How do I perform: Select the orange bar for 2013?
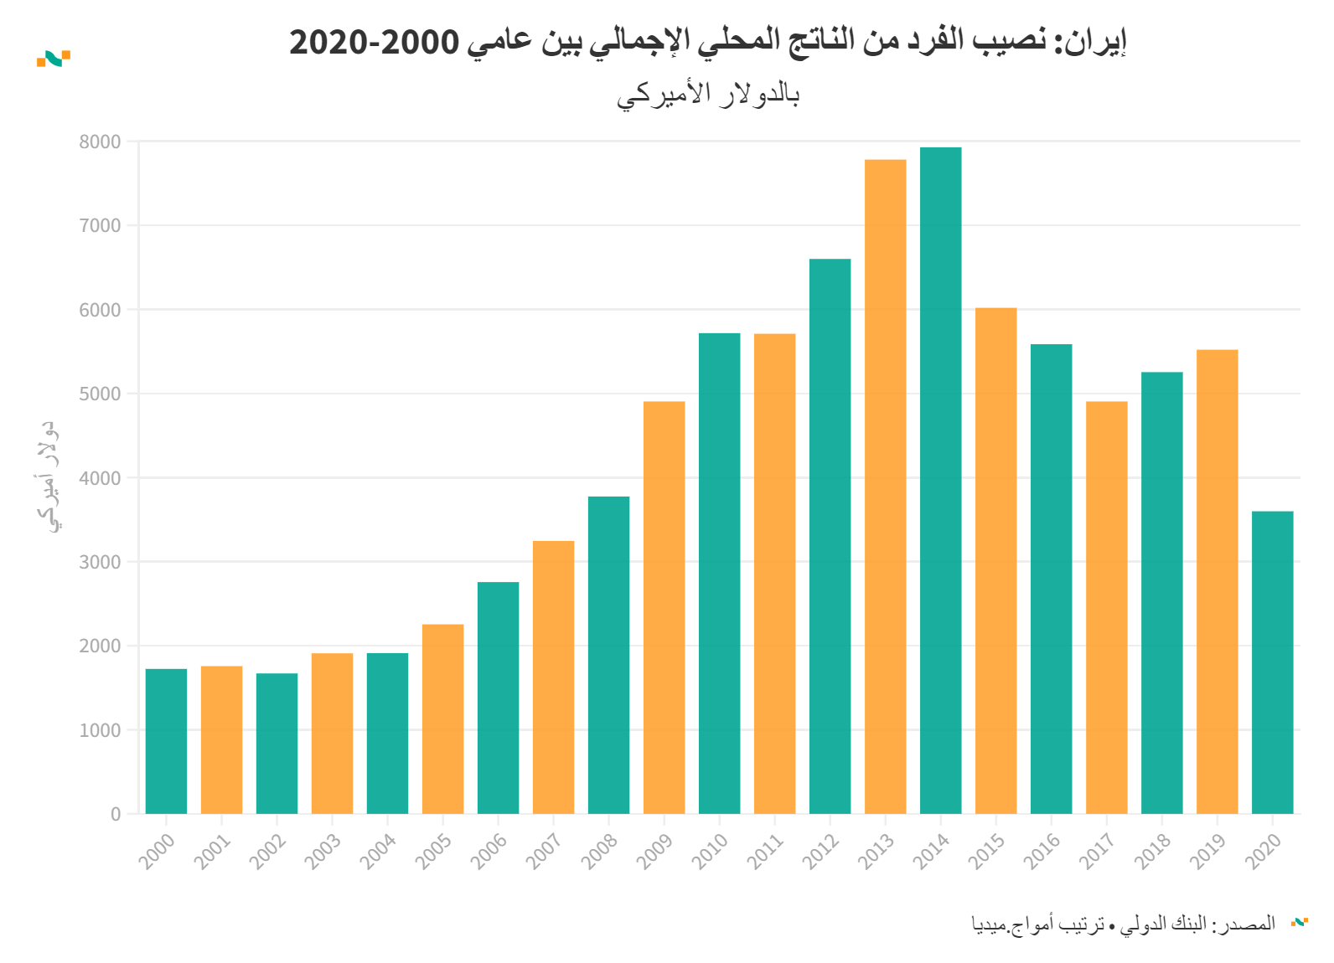pos(885,486)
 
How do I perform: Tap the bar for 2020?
pos(1272,662)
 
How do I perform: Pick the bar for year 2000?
pos(166,741)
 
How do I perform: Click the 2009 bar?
pos(664,607)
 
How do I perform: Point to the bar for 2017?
pos(1106,607)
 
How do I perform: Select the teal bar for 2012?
pos(830,536)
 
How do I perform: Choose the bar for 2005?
pos(442,718)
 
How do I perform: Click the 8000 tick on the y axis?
pos(100,142)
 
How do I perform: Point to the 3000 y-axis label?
pos(100,562)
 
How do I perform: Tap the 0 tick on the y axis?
pos(116,814)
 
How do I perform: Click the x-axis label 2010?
pos(710,851)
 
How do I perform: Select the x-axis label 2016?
pos(1042,851)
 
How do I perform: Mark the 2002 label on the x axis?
pos(267,851)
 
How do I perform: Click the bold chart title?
pos(707,41)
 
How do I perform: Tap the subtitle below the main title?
pos(708,94)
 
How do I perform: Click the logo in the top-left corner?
pos(53,59)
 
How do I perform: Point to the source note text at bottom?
pos(1123,924)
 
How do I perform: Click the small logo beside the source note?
pos(1299,922)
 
